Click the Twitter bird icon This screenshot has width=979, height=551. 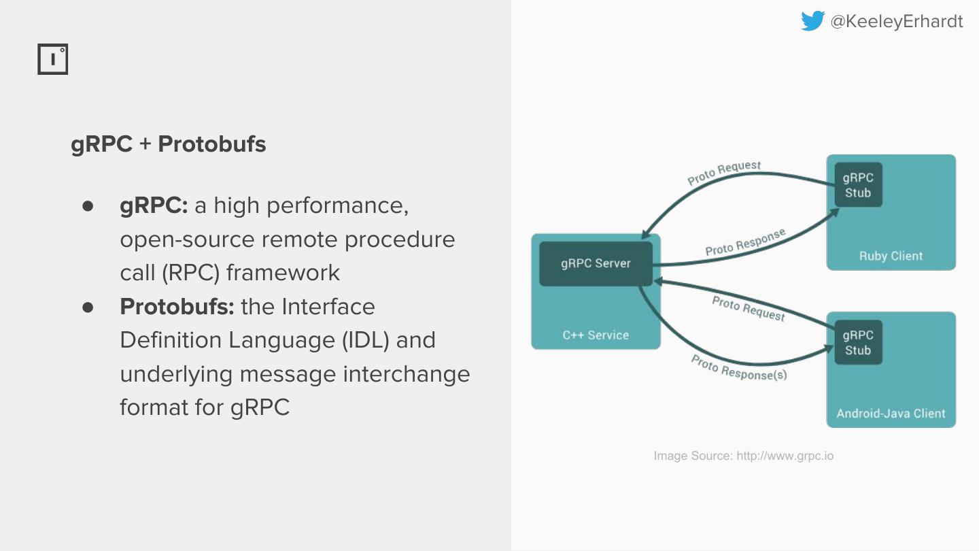click(x=812, y=21)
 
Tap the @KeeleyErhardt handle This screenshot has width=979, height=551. click(x=897, y=22)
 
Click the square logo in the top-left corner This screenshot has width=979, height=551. click(x=52, y=60)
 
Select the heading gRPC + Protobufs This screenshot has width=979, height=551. click(x=169, y=144)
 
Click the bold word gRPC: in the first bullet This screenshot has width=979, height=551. click(x=154, y=205)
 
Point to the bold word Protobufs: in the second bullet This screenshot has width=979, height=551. click(x=177, y=307)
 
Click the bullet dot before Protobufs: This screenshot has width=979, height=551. click(x=88, y=307)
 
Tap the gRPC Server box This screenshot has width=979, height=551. click(x=596, y=263)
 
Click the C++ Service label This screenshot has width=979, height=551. click(x=596, y=335)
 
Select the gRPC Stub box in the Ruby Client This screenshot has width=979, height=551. click(x=858, y=185)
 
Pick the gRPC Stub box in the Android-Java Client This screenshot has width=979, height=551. click(x=858, y=343)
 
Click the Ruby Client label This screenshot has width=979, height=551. click(x=891, y=256)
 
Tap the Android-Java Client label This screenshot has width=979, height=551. click(x=891, y=413)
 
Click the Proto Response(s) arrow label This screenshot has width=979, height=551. click(x=739, y=367)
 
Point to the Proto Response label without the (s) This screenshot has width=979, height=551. click(x=745, y=242)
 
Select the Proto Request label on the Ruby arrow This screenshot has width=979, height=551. click(x=724, y=173)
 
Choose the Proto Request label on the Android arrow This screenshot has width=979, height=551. click(x=749, y=308)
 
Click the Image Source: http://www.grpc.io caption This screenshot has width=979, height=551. click(x=743, y=456)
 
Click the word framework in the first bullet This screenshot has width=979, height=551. click(x=283, y=273)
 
